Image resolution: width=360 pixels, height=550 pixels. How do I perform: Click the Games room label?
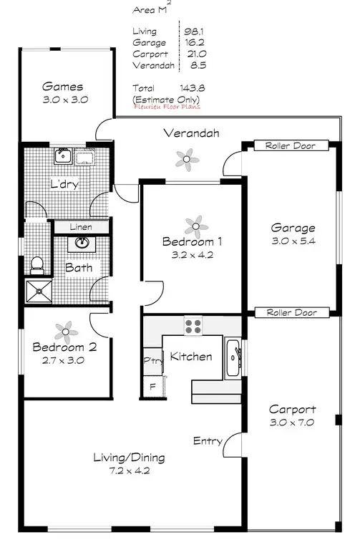(x=62, y=87)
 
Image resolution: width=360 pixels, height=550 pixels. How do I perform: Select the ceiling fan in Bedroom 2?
(x=66, y=329)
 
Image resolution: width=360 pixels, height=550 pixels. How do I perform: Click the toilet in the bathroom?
(x=37, y=264)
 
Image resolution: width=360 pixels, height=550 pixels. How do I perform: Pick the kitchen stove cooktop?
(x=193, y=327)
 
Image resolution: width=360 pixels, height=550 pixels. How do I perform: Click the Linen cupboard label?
(x=81, y=226)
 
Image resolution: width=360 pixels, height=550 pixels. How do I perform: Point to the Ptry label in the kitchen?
(x=152, y=360)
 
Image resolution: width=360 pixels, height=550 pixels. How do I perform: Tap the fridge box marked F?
(x=152, y=386)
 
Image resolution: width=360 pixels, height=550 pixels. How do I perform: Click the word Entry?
(x=208, y=441)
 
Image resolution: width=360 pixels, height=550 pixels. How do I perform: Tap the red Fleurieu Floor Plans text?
(x=167, y=106)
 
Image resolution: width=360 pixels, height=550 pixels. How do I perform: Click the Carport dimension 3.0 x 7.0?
(x=292, y=423)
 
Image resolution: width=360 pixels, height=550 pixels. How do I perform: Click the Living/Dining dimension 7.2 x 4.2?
(x=130, y=471)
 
